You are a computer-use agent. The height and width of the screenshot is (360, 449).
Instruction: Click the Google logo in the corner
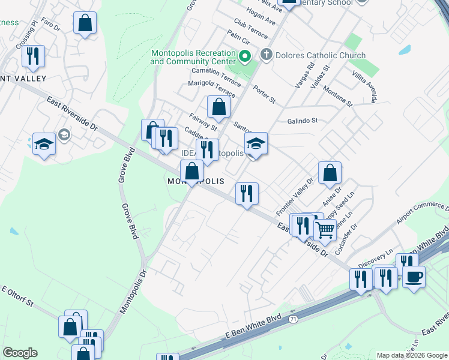19,353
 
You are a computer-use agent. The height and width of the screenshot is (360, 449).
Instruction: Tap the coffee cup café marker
414,277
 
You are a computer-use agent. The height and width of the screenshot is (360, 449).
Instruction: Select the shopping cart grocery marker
325,229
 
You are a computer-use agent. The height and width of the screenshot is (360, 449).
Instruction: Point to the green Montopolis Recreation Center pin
244,58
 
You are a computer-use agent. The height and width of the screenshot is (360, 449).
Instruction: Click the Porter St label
264,94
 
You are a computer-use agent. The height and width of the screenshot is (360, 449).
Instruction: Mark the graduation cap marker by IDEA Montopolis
256,144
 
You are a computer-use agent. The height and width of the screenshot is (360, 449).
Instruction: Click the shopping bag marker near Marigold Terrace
218,107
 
